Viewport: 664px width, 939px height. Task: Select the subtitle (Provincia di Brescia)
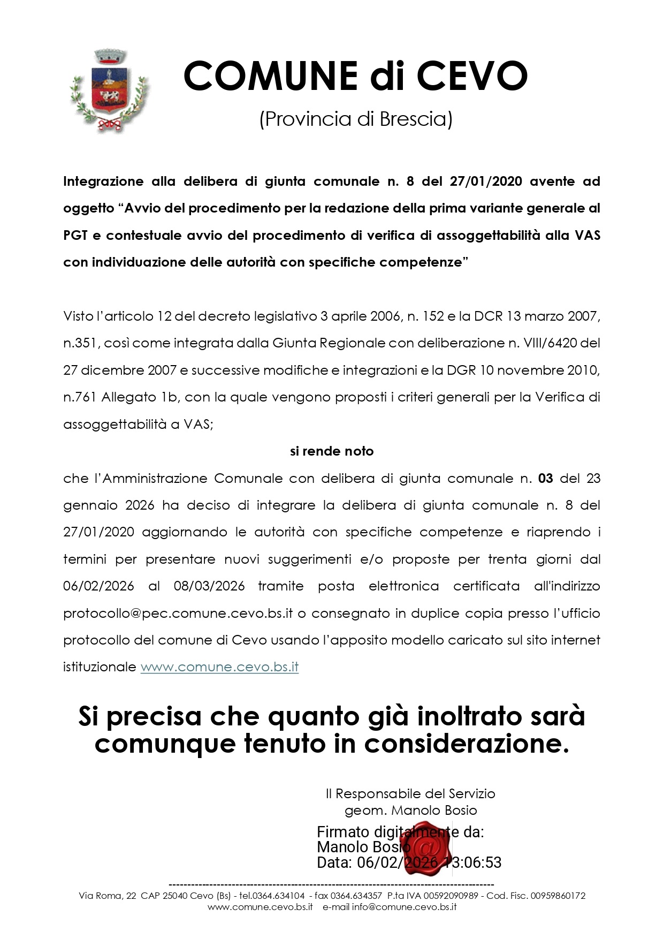(x=356, y=119)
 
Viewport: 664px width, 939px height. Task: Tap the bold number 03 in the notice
(x=545, y=478)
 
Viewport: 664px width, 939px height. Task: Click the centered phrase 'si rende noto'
(x=332, y=451)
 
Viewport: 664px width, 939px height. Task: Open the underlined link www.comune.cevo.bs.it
(x=219, y=667)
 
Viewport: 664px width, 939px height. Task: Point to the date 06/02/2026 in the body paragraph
(x=98, y=586)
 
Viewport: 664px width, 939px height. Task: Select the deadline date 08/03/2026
(x=209, y=586)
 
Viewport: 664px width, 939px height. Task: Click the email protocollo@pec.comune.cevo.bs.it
(x=178, y=613)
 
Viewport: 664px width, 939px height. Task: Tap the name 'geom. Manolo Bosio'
(x=410, y=811)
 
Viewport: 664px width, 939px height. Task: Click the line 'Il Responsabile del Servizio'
(x=410, y=793)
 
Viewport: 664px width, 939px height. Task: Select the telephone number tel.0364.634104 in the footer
(x=272, y=895)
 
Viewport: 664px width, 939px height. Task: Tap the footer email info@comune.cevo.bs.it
(x=404, y=907)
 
